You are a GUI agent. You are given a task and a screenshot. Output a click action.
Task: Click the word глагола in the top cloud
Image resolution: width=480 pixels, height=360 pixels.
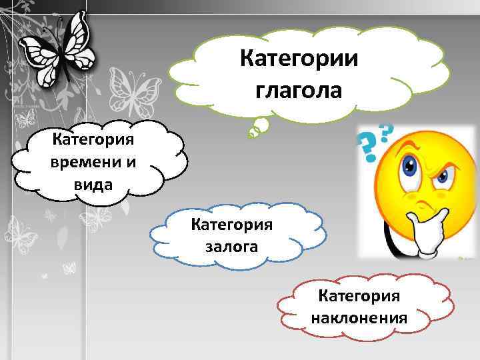(297, 89)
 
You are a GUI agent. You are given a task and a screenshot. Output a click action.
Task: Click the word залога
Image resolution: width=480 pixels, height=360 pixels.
(232, 247)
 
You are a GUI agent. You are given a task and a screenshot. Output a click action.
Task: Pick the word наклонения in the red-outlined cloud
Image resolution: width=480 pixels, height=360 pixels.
(359, 316)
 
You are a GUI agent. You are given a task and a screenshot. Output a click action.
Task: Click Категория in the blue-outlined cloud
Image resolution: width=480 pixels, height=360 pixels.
(232, 223)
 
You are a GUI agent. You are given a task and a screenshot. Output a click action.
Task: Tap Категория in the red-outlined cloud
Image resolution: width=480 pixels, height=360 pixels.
(359, 293)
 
